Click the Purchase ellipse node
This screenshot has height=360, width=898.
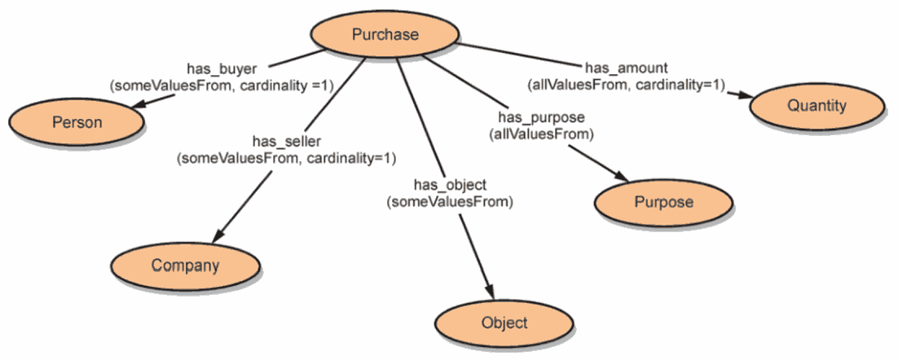point(385,35)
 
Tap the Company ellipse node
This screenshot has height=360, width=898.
point(185,265)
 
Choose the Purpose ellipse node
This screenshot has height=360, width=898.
point(664,202)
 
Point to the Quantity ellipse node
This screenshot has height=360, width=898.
point(817,106)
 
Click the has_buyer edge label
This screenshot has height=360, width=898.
point(222,68)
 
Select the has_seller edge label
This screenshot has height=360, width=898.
point(286,141)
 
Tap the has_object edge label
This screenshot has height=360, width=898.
point(450,185)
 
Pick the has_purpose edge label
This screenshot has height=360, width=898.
point(541,118)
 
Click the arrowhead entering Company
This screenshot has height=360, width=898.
point(218,237)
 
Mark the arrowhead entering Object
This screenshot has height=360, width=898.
point(489,292)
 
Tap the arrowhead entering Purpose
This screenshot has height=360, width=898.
point(622,176)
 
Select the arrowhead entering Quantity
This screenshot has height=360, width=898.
point(743,95)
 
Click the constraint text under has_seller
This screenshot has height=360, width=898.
point(286,158)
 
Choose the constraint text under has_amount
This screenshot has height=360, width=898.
point(626,85)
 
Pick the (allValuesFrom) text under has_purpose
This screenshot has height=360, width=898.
point(541,135)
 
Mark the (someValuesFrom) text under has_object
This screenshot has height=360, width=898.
point(450,202)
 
